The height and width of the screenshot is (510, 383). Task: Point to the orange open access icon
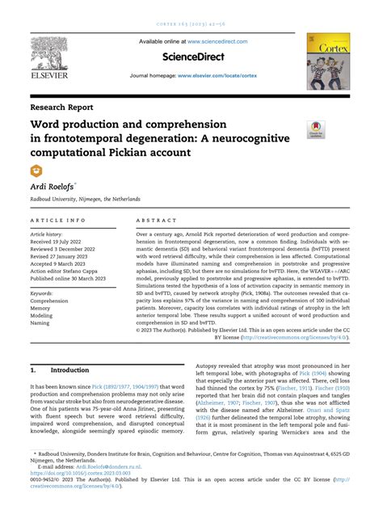36,170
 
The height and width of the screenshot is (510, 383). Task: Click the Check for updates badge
315,129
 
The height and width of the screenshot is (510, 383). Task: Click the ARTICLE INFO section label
58,220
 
